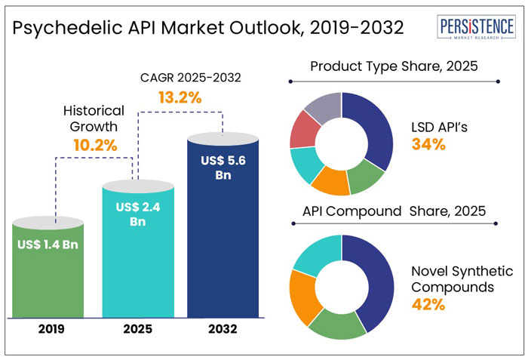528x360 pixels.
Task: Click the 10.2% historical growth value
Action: point(94,145)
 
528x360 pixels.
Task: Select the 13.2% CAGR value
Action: point(180,97)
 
